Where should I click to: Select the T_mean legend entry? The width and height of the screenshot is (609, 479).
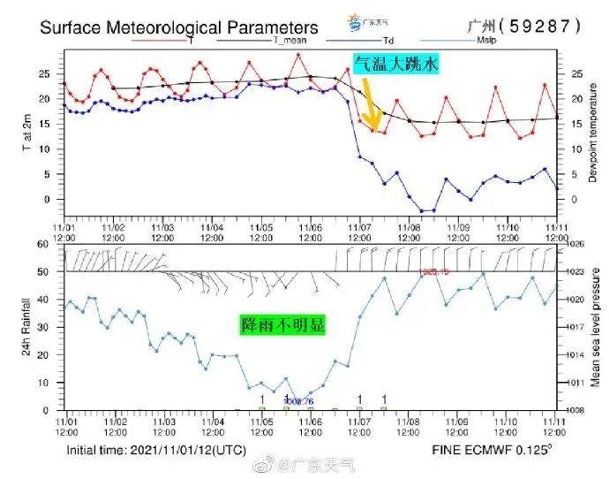tap(292, 40)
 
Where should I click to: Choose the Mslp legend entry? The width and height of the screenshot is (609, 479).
tap(485, 40)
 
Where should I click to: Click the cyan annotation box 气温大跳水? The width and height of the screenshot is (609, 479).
tap(396, 64)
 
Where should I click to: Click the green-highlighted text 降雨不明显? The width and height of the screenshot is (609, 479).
tap(282, 325)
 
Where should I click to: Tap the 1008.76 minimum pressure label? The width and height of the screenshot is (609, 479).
tap(298, 400)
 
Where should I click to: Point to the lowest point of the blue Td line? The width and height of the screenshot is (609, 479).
tap(426, 210)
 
